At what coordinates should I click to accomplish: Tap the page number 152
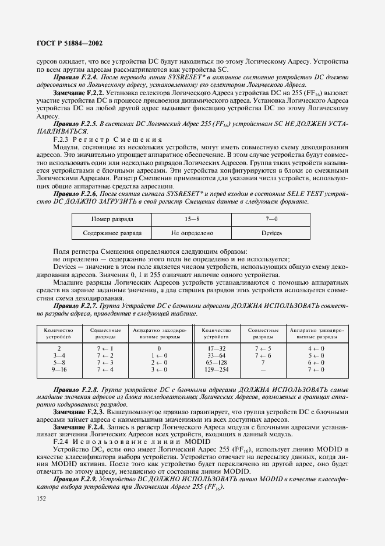click(x=41, y=498)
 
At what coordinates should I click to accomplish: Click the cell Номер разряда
click(x=112, y=219)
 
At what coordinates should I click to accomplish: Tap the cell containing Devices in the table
click(x=271, y=233)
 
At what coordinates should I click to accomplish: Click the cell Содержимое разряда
click(x=112, y=233)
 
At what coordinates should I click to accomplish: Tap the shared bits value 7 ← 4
click(x=105, y=369)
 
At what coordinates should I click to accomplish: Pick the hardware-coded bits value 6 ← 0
click(x=316, y=362)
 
